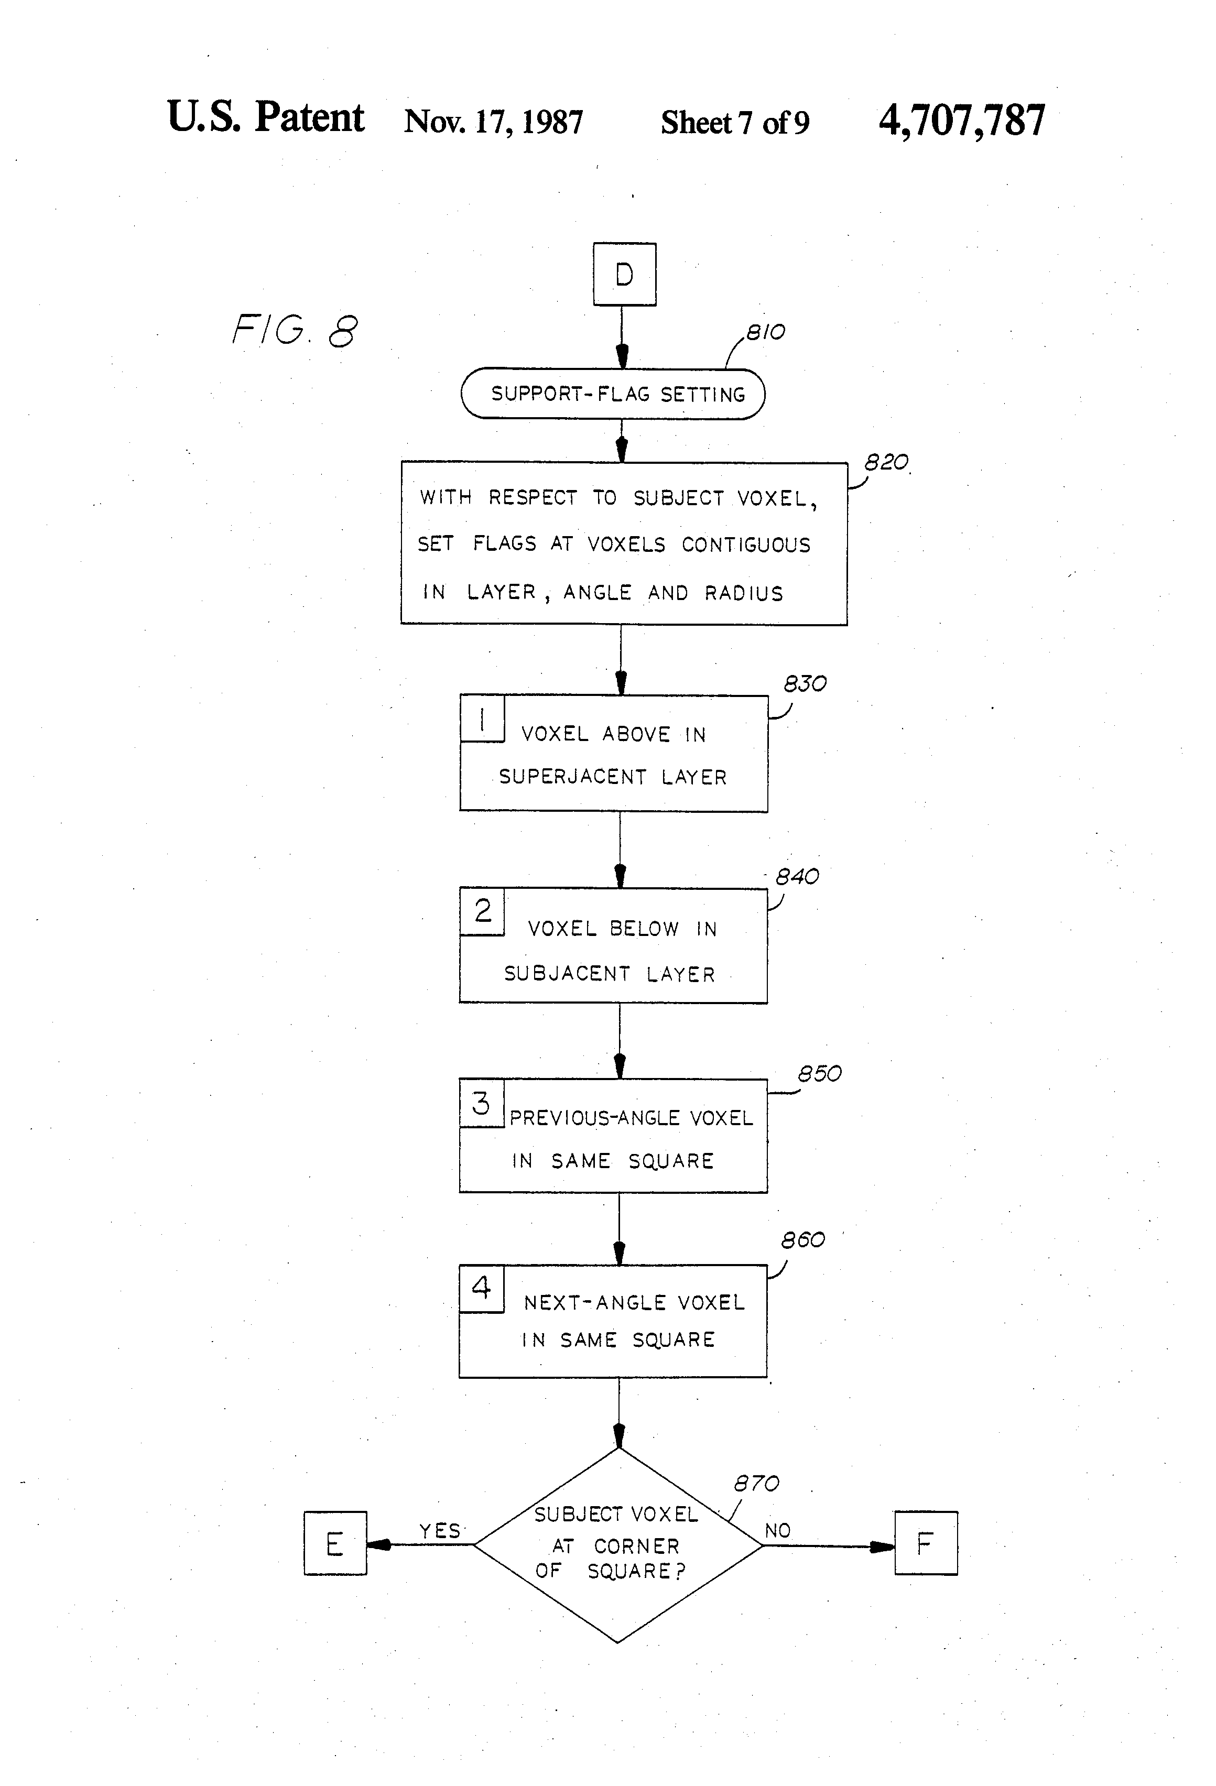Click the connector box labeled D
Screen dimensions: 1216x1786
624,275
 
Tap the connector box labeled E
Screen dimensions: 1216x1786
335,1543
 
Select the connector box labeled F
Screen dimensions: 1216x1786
926,1543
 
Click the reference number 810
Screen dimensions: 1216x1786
766,332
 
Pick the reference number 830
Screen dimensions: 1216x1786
805,684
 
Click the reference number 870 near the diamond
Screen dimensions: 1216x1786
756,1483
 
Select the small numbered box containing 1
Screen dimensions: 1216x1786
482,718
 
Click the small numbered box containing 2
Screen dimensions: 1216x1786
482,911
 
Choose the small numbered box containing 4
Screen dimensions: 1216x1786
482,1289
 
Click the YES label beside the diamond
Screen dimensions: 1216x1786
440,1531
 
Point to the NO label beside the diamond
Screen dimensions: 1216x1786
778,1531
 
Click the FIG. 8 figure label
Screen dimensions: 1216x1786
295,331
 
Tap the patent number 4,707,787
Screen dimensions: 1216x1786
962,121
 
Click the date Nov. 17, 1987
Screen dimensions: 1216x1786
493,122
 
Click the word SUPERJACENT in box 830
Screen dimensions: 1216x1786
573,777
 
